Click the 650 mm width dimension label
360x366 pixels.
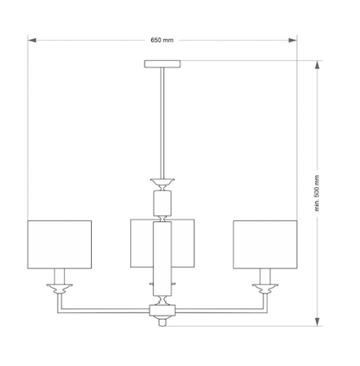pyautogui.click(x=162, y=40)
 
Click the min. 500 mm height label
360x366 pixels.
pyautogui.click(x=317, y=193)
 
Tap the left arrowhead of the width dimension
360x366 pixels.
pyautogui.click(x=32, y=40)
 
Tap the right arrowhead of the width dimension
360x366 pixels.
pyautogui.click(x=293, y=40)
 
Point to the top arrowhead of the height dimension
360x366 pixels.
pyautogui.click(x=317, y=65)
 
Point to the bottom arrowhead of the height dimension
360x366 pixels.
pyautogui.click(x=317, y=322)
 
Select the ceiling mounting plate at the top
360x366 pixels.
pyautogui.click(x=163, y=64)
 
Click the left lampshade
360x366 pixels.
pyautogui.click(x=59, y=245)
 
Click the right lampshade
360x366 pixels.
pyautogui.click(x=265, y=245)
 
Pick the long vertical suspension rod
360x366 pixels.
pyautogui.click(x=163, y=123)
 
